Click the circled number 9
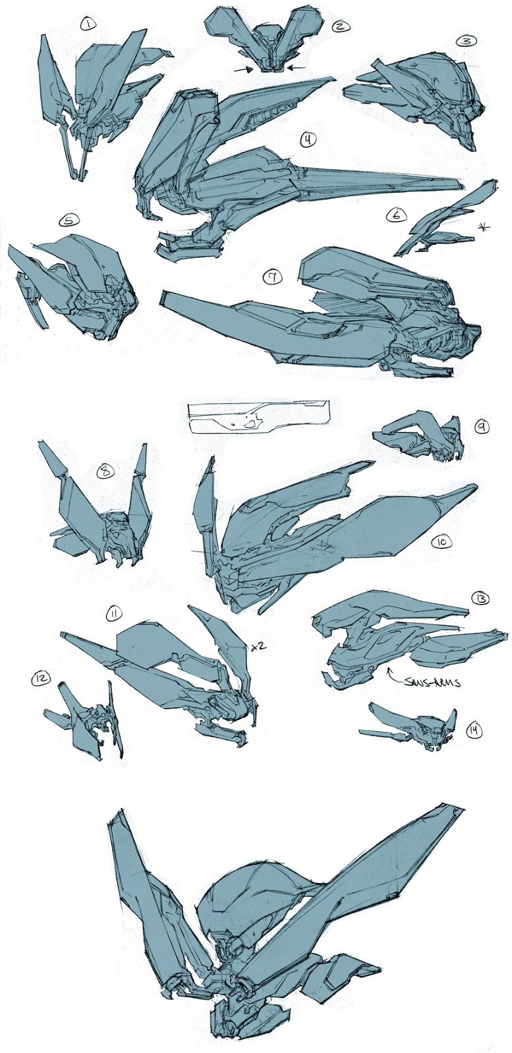pyautogui.click(x=481, y=426)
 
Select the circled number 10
pyautogui.click(x=441, y=541)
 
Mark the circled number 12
pyautogui.click(x=39, y=678)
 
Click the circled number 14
pyautogui.click(x=473, y=729)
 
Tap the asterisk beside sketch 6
pyautogui.click(x=486, y=227)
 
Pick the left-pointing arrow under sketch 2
pyautogui.click(x=296, y=67)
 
